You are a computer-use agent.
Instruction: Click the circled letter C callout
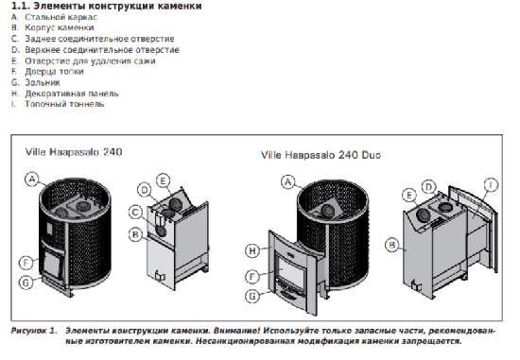coord(135,213)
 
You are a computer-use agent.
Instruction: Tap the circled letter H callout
coord(252,250)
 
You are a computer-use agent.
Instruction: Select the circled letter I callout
coord(491,185)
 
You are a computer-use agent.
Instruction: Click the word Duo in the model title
coord(371,155)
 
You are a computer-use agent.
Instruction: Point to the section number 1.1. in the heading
coord(21,6)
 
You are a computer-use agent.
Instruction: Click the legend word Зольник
coord(43,82)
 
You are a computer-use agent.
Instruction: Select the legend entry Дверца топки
coord(54,72)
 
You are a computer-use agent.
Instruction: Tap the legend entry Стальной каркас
coord(61,17)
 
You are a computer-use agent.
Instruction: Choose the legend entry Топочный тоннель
coord(64,104)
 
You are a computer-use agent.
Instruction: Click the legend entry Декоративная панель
coord(72,94)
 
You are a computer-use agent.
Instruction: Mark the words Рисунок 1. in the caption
coord(34,331)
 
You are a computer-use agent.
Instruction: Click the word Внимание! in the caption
coord(236,331)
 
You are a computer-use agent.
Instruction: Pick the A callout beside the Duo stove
coord(287,182)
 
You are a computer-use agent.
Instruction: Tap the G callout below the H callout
coord(252,296)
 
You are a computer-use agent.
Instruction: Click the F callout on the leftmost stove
coord(26,264)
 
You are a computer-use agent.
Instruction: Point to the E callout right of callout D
coord(163,181)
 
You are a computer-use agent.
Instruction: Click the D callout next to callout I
coord(429,187)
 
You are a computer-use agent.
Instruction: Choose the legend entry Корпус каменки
coord(60,27)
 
